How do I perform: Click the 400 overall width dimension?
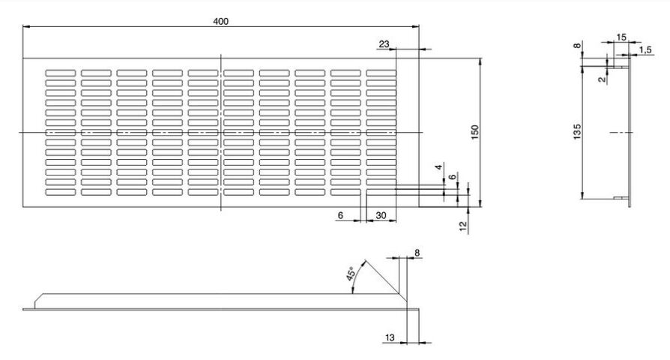pos(220,21)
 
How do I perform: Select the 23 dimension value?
pos(384,45)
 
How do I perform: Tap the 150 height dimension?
pos(474,132)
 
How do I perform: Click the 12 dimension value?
pos(463,225)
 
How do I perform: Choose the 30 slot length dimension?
pos(381,215)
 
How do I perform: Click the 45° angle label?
pos(351,274)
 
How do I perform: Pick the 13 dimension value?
pos(390,338)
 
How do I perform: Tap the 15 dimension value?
pos(621,37)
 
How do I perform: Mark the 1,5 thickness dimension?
pos(645,50)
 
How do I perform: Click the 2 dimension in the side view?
pos(602,77)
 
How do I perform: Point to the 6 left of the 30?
pos(340,215)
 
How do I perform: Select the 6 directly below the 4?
pos(453,177)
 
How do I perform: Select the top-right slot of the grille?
pos(381,73)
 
